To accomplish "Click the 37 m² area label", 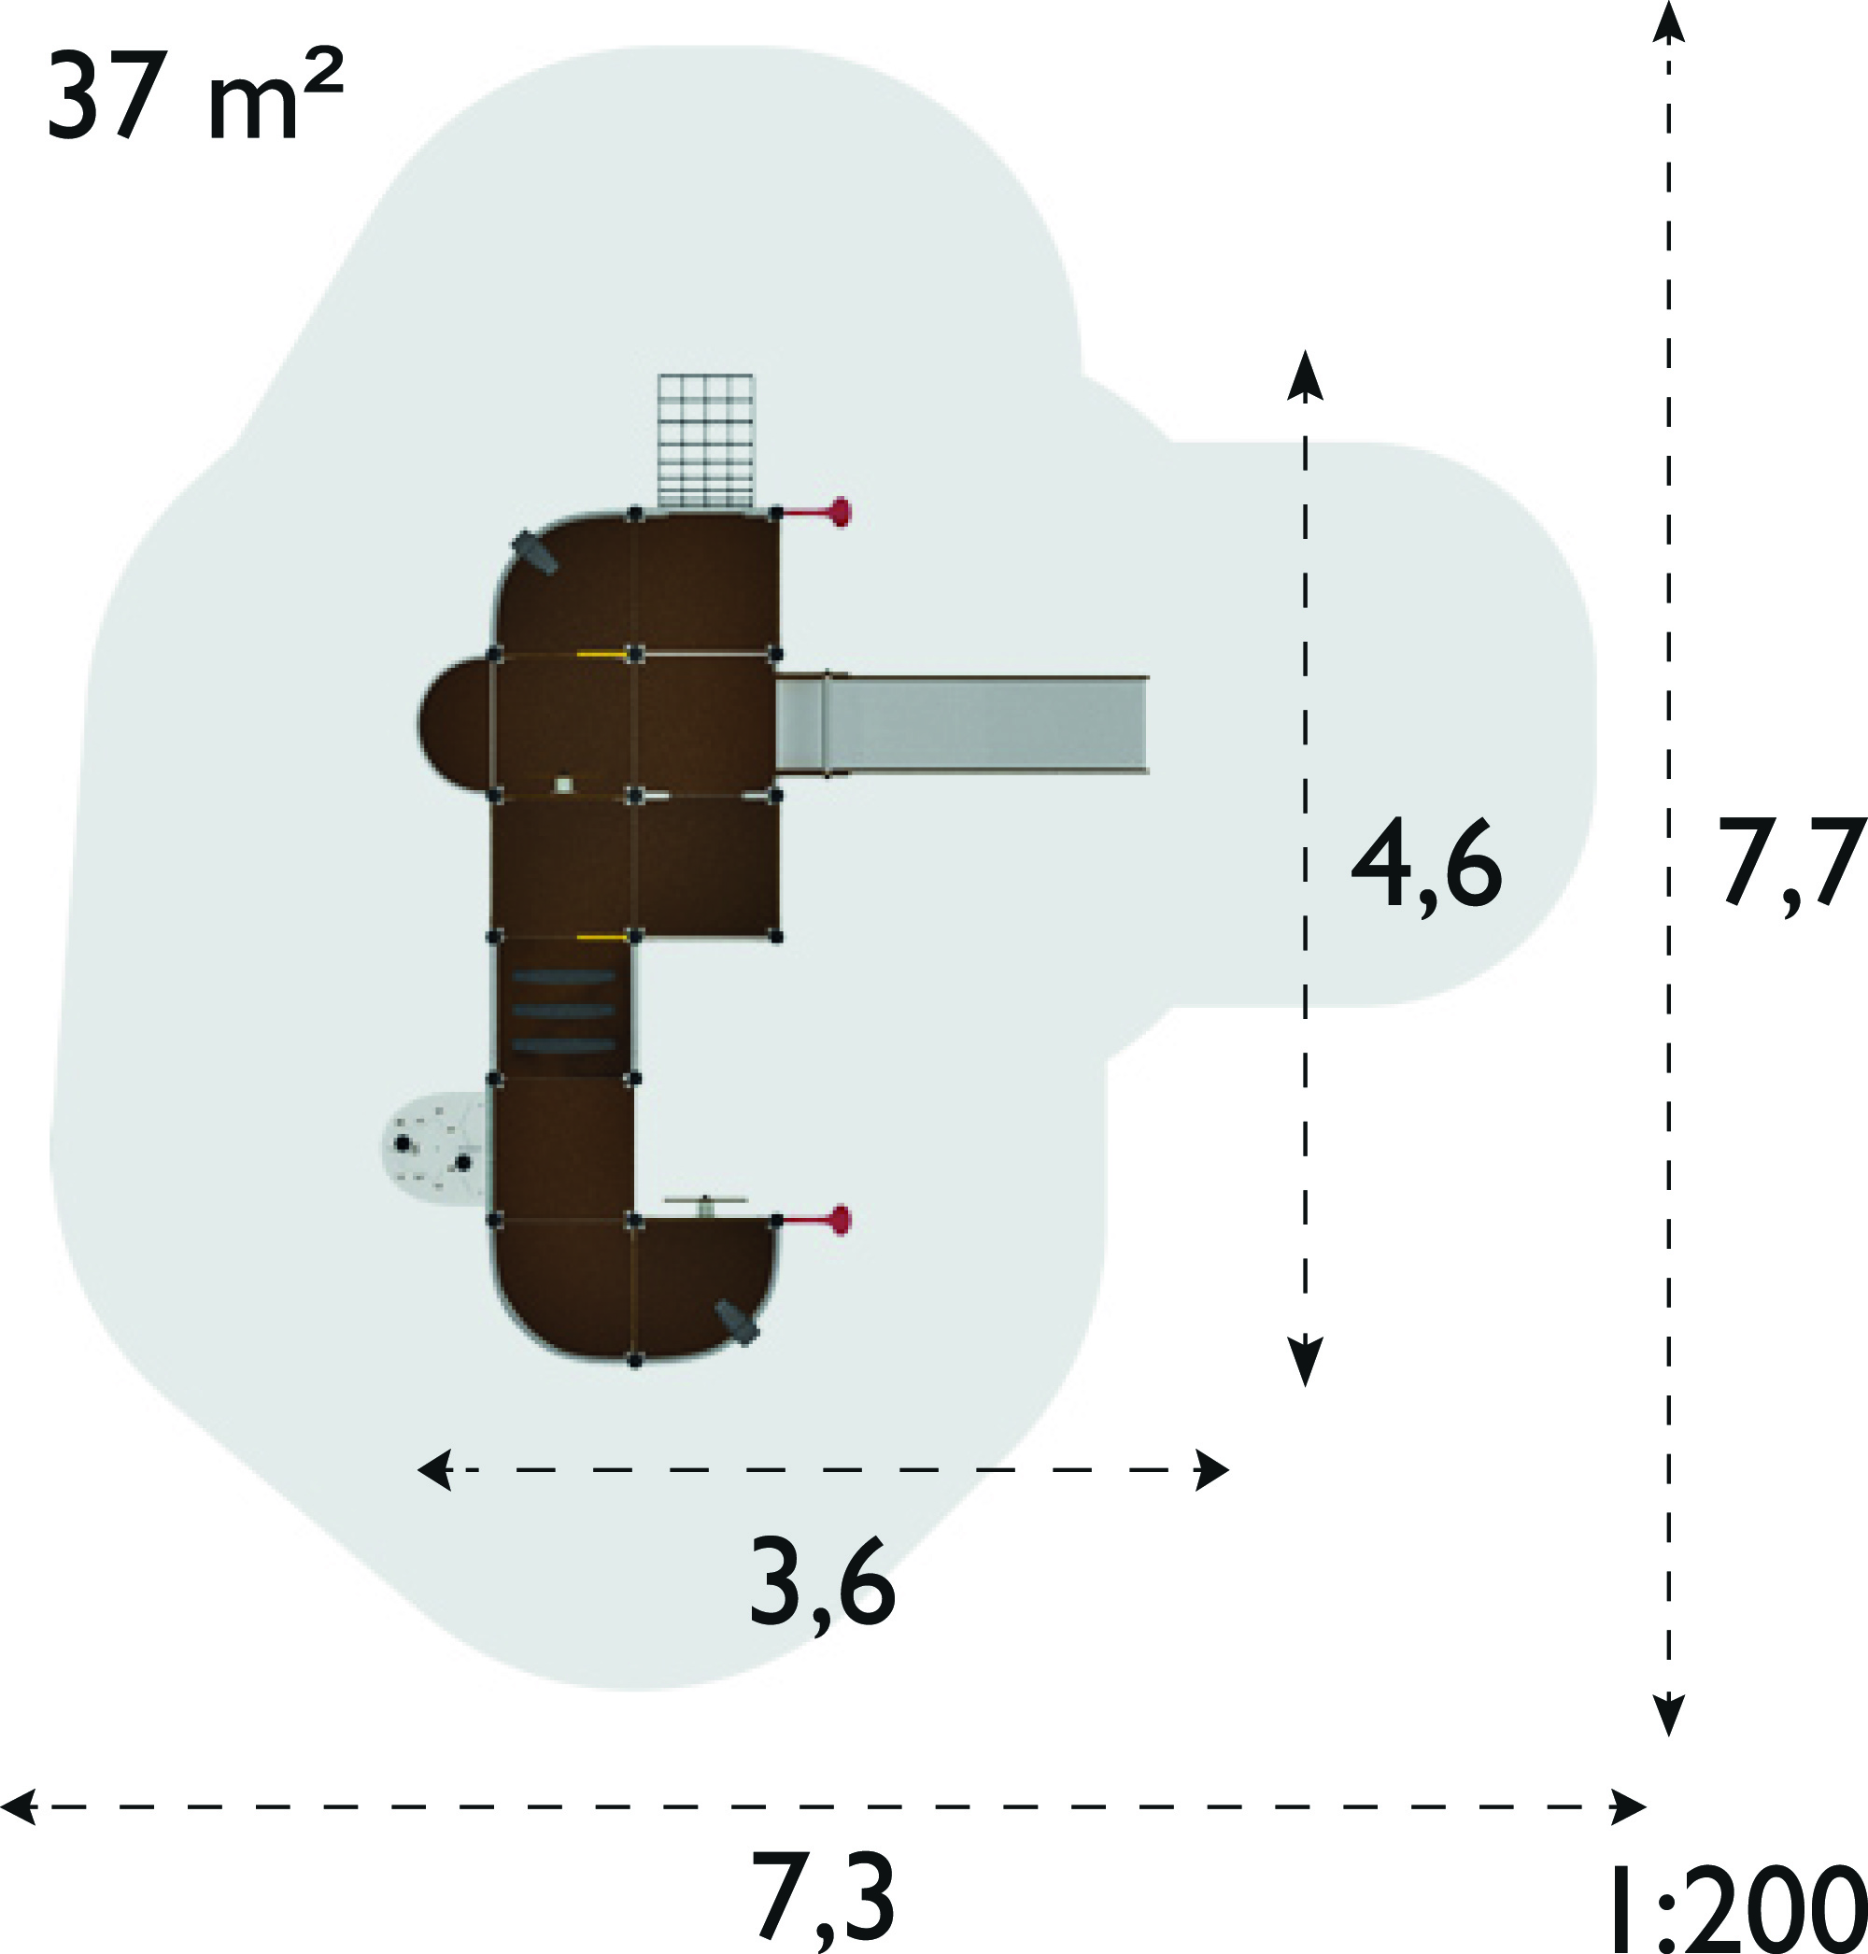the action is pos(195,96).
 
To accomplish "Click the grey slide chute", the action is pos(962,724).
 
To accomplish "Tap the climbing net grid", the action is pos(706,441).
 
